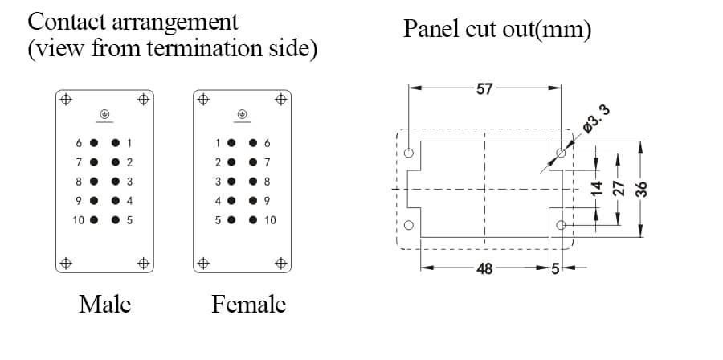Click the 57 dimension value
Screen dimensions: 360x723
pyautogui.click(x=484, y=88)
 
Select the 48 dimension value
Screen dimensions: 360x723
pyautogui.click(x=484, y=268)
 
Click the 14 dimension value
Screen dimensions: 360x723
pyautogui.click(x=596, y=190)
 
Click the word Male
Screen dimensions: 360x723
pyautogui.click(x=104, y=305)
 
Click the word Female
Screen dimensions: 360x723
pyautogui.click(x=248, y=305)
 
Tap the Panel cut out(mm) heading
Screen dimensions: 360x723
pyautogui.click(x=497, y=31)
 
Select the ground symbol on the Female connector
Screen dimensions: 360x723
pyautogui.click(x=243, y=114)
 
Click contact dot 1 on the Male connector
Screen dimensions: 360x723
pyautogui.click(x=116, y=144)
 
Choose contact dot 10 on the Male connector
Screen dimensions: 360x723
pyautogui.click(x=94, y=219)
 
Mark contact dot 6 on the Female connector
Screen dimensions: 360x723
pyautogui.click(x=254, y=144)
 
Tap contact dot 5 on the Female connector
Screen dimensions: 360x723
pyautogui.click(x=231, y=219)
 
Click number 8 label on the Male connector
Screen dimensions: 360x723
pyautogui.click(x=79, y=182)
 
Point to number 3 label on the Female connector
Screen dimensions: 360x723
pyautogui.click(x=218, y=182)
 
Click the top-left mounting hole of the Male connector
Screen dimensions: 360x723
pyautogui.click(x=66, y=100)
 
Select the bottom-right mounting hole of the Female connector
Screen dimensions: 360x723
pyautogui.click(x=281, y=262)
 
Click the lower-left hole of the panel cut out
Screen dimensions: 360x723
pyautogui.click(x=410, y=225)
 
